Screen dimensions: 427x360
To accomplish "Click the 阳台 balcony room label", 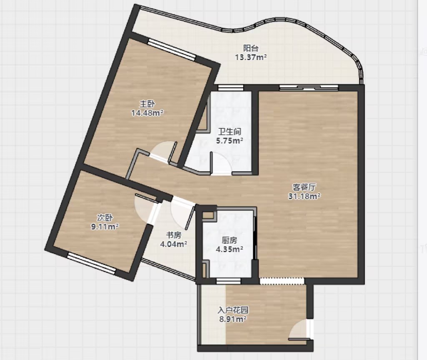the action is coord(251,48).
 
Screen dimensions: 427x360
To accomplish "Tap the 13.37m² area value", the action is coord(251,57).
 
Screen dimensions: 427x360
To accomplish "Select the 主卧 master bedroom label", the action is coord(147,104).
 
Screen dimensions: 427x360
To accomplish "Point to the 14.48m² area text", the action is coord(147,112).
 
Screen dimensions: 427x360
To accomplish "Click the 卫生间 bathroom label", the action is coord(230,132).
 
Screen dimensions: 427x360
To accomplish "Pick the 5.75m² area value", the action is coord(230,141).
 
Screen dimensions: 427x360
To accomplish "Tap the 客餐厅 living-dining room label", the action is coord(304,187).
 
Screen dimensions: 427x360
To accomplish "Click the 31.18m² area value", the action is coord(304,196).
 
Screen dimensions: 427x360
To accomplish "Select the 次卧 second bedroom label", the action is coord(105,217).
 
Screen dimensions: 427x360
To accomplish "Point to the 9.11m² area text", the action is coord(105,226).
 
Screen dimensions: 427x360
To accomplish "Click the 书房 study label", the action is coord(173,235).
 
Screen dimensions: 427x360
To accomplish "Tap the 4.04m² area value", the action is coord(173,244).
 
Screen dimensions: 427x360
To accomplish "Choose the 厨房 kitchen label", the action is coord(229,240).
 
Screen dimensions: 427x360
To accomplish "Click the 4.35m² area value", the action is coord(229,249).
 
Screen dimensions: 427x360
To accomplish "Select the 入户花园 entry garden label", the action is coord(233,310).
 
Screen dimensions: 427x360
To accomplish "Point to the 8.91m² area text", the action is coord(233,319).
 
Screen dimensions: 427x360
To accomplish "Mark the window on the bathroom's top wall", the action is coord(231,87).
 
